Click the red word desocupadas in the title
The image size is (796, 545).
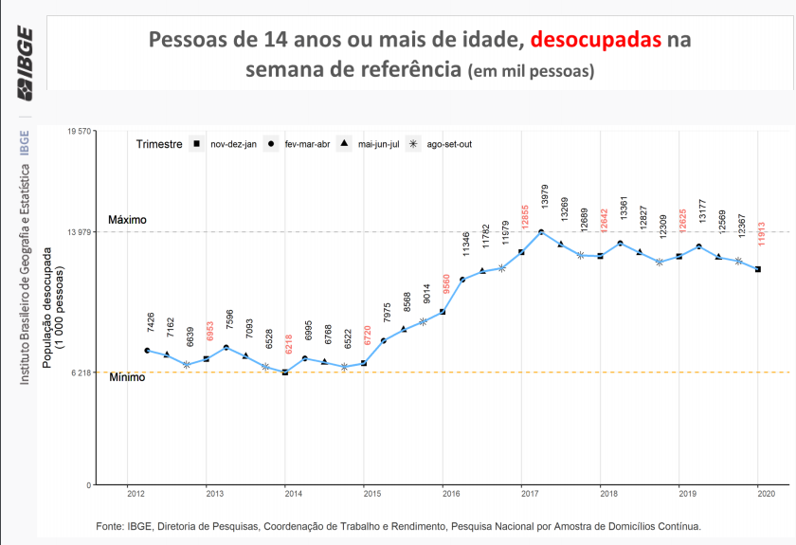point(596,41)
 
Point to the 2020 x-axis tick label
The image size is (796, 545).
point(766,494)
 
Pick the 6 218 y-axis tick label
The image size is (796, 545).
point(81,372)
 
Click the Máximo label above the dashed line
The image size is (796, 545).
point(127,220)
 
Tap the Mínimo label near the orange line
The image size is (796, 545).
point(126,377)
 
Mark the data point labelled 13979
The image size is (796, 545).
point(541,232)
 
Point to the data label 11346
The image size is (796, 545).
point(466,243)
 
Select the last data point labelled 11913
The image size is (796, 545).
point(758,270)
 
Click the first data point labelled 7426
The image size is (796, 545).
point(148,351)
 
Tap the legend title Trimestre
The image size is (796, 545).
point(158,144)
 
